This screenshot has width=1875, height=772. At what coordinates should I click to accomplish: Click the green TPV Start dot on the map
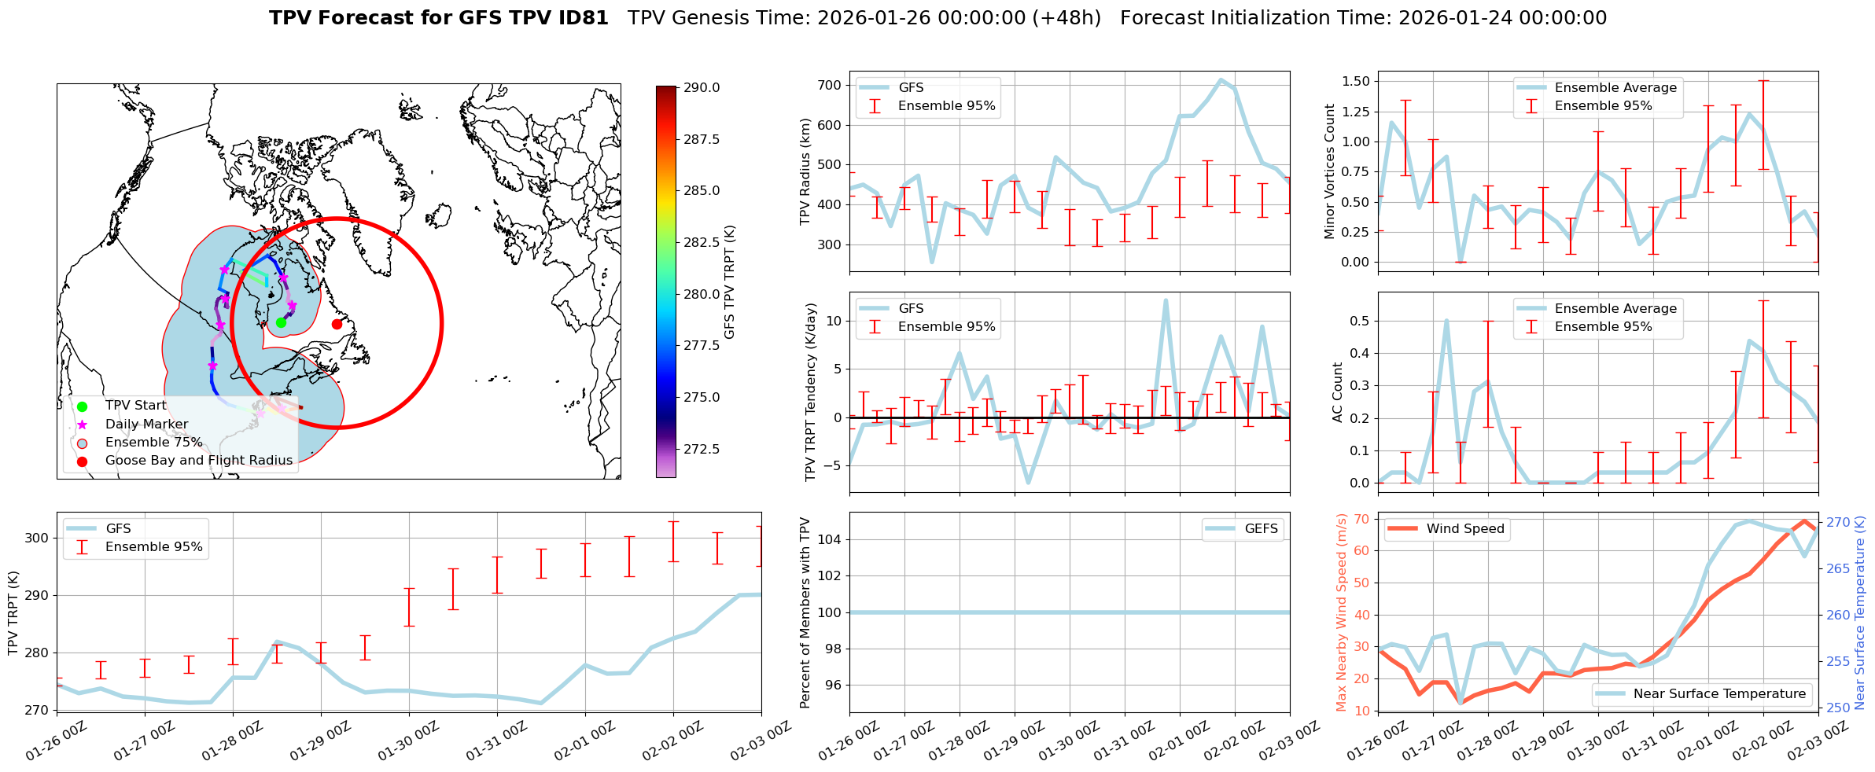[281, 322]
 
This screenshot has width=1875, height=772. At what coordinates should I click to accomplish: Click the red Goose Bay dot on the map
[337, 324]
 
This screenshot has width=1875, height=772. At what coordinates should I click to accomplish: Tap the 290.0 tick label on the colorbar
[702, 87]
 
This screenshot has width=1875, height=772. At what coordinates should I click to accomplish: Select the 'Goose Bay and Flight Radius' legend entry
[198, 461]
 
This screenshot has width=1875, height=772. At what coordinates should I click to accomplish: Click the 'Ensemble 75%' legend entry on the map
[153, 443]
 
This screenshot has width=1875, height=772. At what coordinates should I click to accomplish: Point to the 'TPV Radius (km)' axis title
[805, 171]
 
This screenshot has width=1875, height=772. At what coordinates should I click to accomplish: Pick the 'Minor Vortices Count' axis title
[1330, 171]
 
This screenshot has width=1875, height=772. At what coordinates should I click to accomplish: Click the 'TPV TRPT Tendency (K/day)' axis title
[811, 392]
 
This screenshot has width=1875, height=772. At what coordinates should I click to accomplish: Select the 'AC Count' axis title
[1338, 392]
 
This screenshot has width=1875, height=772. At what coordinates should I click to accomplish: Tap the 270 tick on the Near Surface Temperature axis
[1838, 522]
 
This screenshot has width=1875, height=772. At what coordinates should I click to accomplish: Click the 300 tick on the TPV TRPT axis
[36, 539]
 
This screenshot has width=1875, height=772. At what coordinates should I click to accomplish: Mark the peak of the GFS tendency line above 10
[1166, 300]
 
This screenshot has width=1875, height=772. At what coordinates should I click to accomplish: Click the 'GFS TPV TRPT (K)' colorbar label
[730, 281]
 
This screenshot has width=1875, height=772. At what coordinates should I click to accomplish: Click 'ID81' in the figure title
[583, 18]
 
